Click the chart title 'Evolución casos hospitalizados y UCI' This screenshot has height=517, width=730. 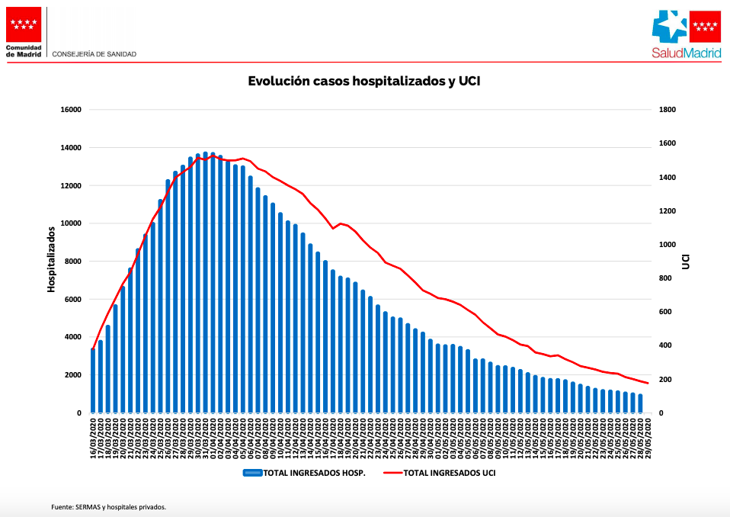click(364, 81)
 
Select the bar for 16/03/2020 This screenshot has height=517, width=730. click(93, 381)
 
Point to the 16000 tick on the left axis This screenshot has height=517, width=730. click(71, 110)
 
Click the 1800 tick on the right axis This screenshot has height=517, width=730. click(668, 110)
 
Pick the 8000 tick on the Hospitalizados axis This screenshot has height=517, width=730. click(73, 262)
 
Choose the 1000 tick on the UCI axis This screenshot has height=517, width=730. click(668, 245)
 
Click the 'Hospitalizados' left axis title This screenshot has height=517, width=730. click(52, 259)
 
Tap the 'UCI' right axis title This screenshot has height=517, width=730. click(686, 261)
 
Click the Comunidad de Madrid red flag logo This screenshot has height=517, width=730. click(24, 26)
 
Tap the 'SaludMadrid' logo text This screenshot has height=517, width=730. click(685, 53)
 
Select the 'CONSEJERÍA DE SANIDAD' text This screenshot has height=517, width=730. click(94, 54)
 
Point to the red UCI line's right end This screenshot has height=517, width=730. click(648, 383)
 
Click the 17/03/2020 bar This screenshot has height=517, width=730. click(101, 377)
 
